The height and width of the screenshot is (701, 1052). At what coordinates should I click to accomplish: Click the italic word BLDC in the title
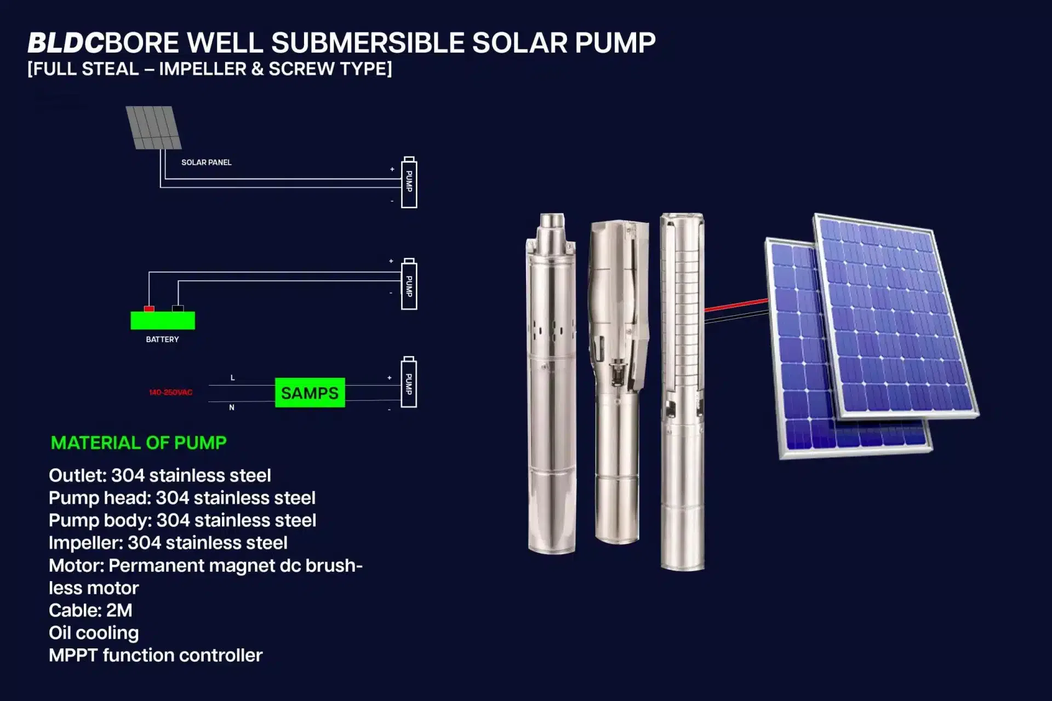65,43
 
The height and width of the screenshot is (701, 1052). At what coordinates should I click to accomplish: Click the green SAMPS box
310,393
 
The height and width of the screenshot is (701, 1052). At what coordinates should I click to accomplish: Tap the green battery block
163,320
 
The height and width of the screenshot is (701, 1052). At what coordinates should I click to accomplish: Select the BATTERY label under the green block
162,340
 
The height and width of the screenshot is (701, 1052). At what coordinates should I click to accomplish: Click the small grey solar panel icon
153,128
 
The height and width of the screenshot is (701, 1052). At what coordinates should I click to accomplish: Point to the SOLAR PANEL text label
206,163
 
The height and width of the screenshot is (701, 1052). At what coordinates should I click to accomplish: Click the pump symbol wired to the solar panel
409,182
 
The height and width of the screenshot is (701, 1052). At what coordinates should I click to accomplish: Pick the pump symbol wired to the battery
409,285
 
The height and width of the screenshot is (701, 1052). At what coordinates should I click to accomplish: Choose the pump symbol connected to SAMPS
409,383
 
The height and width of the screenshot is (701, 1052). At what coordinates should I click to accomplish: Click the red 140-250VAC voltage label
170,393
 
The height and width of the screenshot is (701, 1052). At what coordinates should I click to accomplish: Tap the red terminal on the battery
149,309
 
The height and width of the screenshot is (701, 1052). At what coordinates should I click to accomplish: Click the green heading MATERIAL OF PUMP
139,443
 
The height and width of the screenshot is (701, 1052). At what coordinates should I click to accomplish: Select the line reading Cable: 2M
90,610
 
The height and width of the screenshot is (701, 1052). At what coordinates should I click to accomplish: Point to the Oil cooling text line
94,633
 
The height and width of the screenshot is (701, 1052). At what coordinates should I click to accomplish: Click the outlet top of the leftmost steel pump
551,222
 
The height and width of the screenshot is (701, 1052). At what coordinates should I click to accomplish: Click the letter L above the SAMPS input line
233,378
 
